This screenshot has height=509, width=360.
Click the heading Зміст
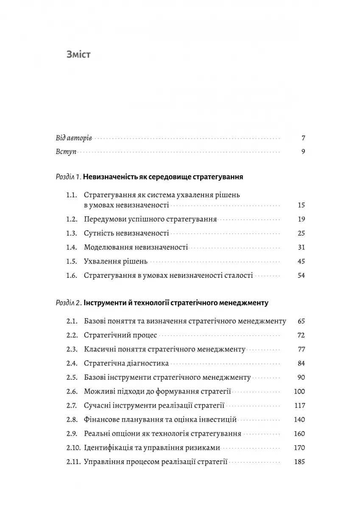(x=78, y=55)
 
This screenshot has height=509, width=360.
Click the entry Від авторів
(x=74, y=138)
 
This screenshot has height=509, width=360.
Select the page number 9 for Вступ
(x=303, y=152)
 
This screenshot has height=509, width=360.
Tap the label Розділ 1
(x=68, y=177)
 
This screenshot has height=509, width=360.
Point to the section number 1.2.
(x=72, y=219)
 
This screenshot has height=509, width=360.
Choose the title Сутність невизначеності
(x=126, y=233)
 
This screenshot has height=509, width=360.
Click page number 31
(x=301, y=247)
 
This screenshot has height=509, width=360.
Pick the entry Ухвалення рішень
(x=115, y=261)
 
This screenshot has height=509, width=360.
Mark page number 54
(x=301, y=275)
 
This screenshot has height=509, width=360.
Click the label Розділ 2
(x=68, y=303)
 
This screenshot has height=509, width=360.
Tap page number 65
(x=301, y=321)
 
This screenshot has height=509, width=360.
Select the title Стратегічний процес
(x=120, y=335)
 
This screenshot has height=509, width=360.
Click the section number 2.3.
(x=72, y=349)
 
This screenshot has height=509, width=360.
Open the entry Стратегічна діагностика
(x=126, y=363)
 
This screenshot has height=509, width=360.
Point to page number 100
(x=299, y=391)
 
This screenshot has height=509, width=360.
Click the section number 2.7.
(x=72, y=405)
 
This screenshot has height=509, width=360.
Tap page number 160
(x=299, y=433)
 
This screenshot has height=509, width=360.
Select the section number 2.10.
(x=73, y=447)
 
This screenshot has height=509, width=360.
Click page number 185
(x=299, y=461)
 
